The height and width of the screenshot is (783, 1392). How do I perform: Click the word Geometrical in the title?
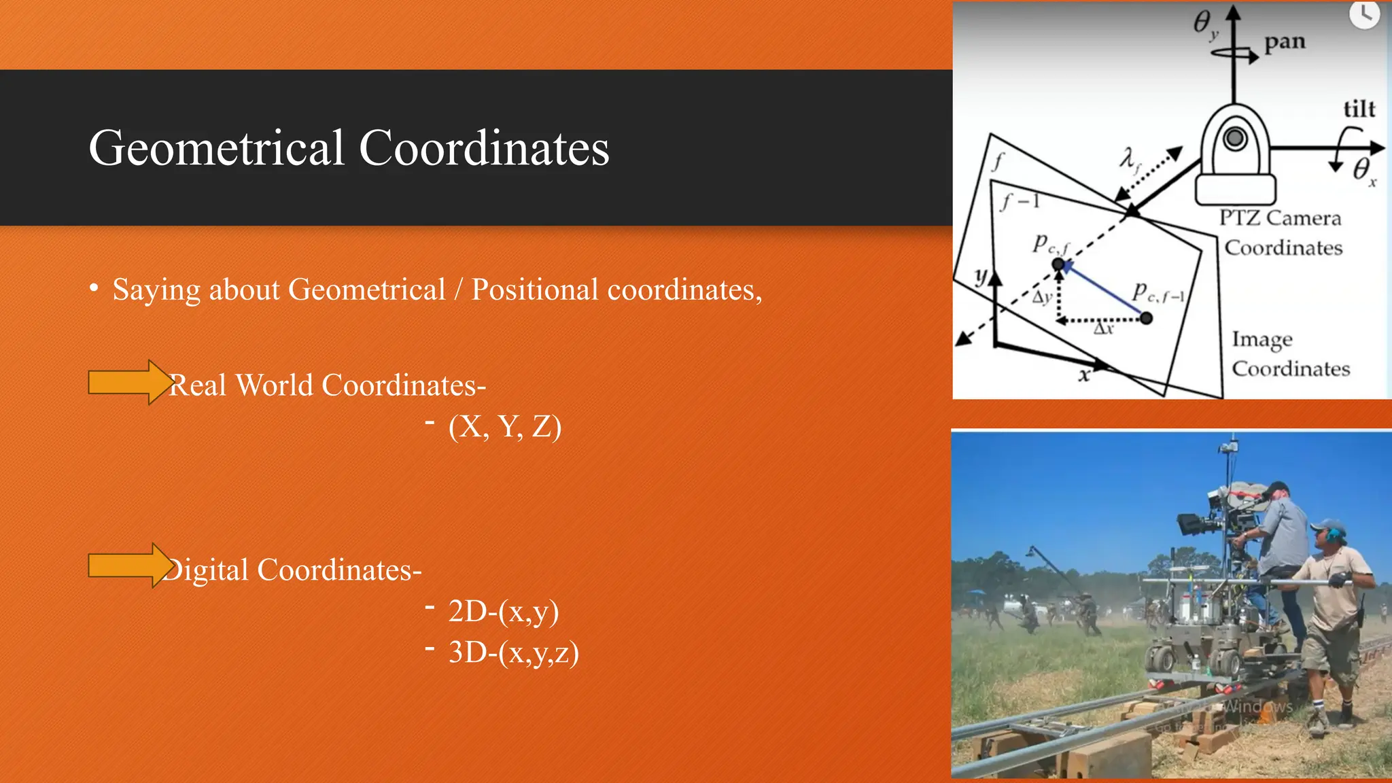pos(216,148)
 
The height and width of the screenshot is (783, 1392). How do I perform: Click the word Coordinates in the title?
pos(483,148)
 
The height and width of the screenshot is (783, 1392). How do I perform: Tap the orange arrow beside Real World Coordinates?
pos(129,383)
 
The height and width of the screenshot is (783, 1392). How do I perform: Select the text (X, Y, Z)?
pos(504,427)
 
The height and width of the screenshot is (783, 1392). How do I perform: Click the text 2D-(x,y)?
pos(503,611)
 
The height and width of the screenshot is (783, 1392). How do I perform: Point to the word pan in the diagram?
pos(1285,42)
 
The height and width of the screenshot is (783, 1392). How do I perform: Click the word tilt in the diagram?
pos(1359,109)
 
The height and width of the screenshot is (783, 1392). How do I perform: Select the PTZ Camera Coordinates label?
pos(1282,232)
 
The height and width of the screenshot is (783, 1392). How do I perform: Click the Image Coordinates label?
pos(1289,353)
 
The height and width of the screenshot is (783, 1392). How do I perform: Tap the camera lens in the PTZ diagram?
pos(1234,139)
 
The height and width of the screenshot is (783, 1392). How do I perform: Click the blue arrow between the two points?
pos(1102,291)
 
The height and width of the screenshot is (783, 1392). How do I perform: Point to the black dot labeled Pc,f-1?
pos(1146,317)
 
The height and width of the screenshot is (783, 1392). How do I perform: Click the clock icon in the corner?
pos(1364,14)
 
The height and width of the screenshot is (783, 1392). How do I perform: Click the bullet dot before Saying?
pos(94,288)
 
